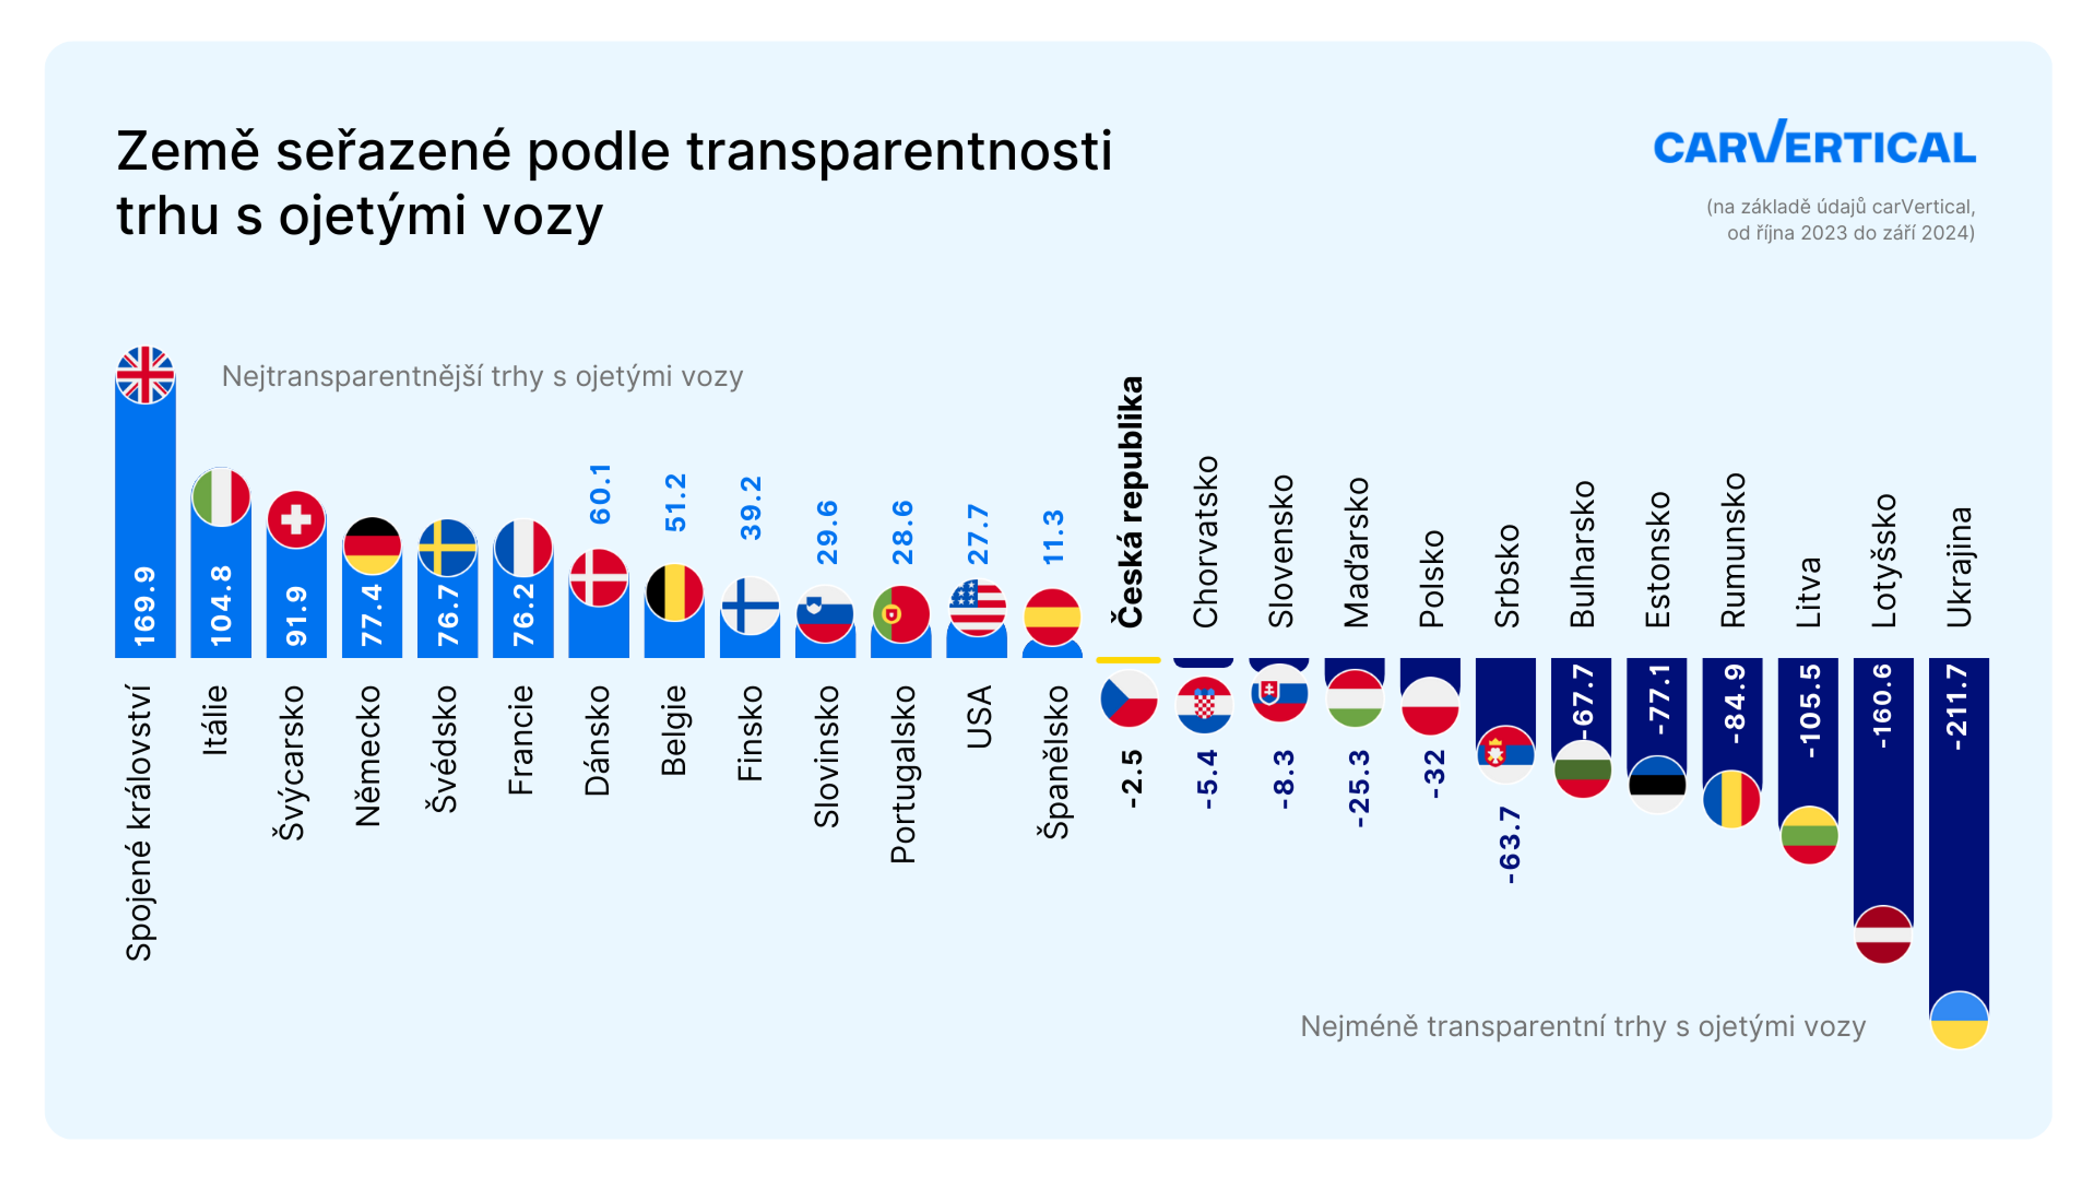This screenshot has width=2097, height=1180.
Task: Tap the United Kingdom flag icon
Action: coord(145,375)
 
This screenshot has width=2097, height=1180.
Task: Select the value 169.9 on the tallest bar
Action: coord(145,607)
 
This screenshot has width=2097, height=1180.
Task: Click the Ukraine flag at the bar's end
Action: coord(1959,1019)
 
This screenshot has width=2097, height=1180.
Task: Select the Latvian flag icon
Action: coord(1883,934)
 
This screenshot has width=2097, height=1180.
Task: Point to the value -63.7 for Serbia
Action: coord(1508,845)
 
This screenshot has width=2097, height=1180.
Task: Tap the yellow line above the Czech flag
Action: coord(1128,659)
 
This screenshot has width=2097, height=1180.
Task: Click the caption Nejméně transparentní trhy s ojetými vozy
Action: coord(1583,1026)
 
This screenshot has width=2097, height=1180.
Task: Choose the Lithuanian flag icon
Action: coord(1809,835)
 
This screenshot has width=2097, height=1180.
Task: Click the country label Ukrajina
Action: coord(1959,567)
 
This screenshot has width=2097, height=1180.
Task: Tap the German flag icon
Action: coord(372,546)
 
